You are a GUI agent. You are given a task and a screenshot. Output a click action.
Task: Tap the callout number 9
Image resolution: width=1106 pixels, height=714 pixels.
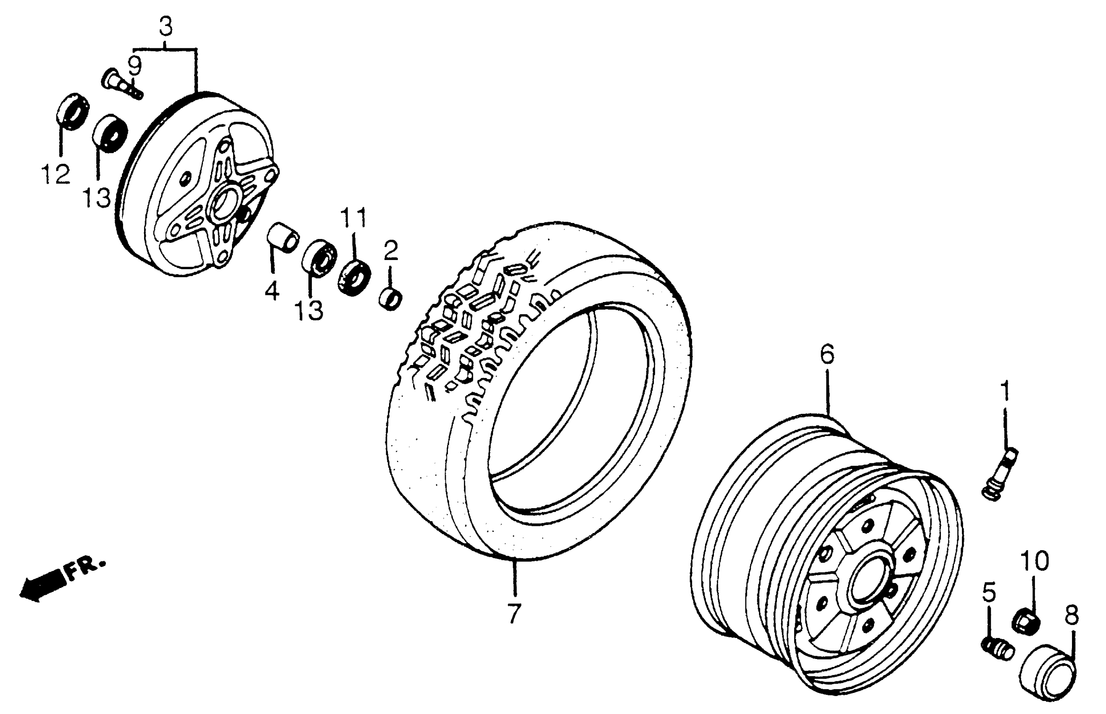[134, 67]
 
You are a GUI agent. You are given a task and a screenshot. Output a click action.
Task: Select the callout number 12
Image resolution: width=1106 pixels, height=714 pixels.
[55, 174]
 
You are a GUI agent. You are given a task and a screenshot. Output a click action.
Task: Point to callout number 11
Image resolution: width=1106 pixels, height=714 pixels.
[354, 218]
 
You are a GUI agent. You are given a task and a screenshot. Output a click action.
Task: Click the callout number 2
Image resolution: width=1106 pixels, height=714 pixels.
[390, 250]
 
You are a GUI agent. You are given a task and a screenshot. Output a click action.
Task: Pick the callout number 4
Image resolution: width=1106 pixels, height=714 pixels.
[272, 291]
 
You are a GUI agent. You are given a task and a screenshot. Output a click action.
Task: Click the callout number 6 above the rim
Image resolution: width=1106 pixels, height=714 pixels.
[827, 354]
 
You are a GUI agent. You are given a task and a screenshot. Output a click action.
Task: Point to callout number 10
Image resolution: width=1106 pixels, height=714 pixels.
[1034, 562]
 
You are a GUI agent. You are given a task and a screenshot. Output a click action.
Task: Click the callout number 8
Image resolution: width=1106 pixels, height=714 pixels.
[1071, 616]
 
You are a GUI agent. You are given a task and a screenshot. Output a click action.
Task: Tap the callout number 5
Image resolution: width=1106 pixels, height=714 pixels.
[988, 594]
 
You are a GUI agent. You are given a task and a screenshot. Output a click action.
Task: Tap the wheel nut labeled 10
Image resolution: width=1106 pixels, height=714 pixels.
[1025, 620]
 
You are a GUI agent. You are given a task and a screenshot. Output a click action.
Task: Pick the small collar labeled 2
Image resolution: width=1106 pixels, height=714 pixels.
[390, 299]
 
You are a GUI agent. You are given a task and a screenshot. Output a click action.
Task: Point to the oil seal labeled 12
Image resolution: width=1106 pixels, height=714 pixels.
[72, 111]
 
